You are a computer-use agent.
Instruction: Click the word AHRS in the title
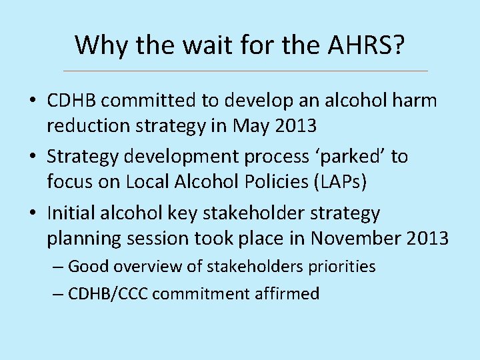360,45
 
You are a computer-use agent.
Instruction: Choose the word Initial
71,213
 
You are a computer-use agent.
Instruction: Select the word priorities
341,267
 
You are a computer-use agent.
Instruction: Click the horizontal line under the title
245,71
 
